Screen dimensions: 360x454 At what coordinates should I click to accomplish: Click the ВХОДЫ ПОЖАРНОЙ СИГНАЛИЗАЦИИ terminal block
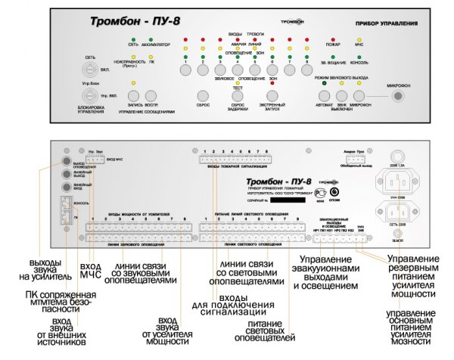click(234, 159)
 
